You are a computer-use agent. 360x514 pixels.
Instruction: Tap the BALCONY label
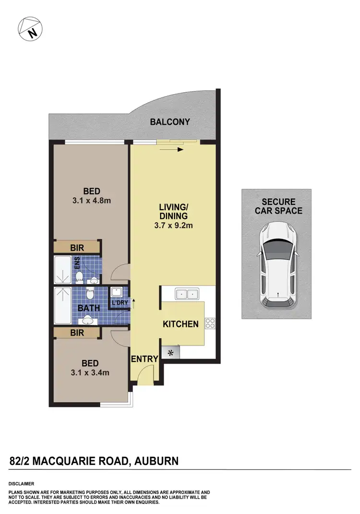pyautogui.click(x=170, y=122)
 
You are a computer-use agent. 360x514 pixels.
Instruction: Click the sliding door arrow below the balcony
pyautogui.click(x=173, y=150)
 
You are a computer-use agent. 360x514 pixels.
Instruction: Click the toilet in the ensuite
pyautogui.click(x=80, y=276)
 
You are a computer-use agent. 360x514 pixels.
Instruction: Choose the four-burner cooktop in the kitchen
pyautogui.click(x=210, y=323)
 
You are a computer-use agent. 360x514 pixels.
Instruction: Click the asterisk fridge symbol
pyautogui.click(x=171, y=353)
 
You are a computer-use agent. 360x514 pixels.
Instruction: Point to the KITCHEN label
pyautogui.click(x=180, y=324)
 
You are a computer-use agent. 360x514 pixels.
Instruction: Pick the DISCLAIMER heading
pyautogui.click(x=22, y=484)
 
